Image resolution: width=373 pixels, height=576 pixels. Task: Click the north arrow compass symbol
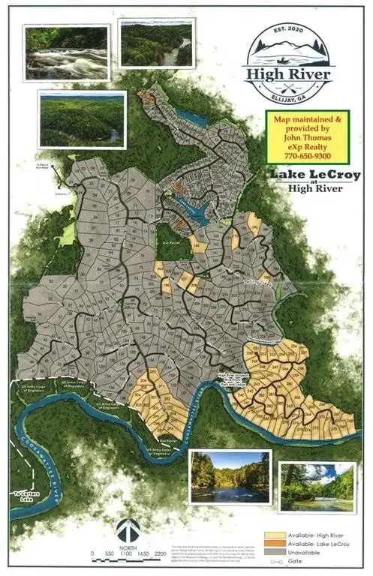click(132, 531)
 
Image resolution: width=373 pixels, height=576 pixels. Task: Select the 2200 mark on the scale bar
click(160, 553)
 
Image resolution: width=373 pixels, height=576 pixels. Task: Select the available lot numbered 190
click(254, 226)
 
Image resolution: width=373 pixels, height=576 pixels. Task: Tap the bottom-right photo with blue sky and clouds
click(317, 485)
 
